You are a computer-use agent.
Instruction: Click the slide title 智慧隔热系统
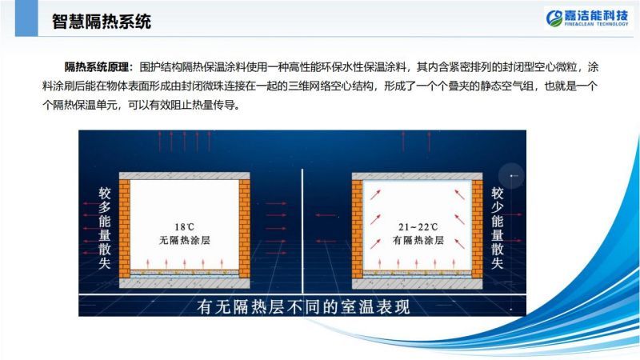(102, 22)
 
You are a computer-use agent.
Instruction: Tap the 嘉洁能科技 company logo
(587, 18)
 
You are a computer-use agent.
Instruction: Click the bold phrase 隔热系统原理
(97, 67)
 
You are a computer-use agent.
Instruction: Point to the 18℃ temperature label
(185, 226)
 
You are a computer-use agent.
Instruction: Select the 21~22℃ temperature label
(418, 226)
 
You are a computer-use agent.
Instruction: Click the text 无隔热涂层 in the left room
(185, 240)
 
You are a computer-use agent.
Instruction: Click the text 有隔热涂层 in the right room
(418, 240)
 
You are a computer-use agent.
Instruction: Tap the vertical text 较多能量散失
(105, 228)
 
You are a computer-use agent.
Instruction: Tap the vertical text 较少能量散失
(497, 228)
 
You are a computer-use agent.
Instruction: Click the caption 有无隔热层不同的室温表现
(303, 306)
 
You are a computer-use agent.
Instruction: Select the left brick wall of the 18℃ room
(125, 229)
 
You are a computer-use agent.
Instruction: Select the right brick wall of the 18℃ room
(245, 229)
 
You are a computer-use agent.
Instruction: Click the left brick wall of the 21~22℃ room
(357, 229)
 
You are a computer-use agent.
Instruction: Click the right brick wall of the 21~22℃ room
(477, 229)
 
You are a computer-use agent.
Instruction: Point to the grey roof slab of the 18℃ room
(185, 176)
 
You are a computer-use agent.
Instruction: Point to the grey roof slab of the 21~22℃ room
(417, 176)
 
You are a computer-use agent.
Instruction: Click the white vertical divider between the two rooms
(302, 230)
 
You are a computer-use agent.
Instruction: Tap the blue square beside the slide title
(26, 18)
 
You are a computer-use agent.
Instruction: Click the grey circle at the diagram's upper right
(511, 176)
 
